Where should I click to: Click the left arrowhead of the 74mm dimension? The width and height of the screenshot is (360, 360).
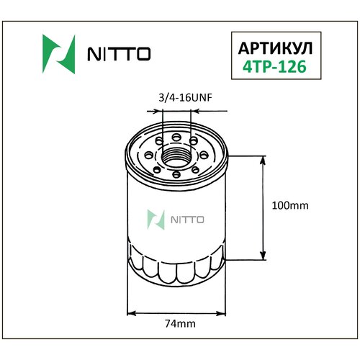click(130, 312)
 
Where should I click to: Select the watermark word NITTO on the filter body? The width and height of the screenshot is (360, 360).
click(186, 219)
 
